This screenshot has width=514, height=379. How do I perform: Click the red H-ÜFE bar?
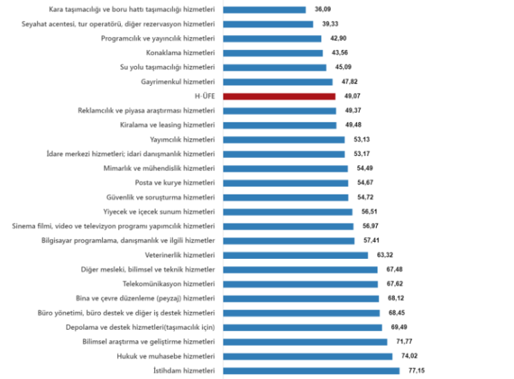279,97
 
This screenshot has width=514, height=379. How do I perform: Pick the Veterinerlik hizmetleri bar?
296,255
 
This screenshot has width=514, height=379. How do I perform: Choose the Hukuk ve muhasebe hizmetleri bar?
308,356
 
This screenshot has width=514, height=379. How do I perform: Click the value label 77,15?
418,370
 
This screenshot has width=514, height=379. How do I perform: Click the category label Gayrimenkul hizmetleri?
178,82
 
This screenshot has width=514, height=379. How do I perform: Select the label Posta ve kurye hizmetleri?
175,183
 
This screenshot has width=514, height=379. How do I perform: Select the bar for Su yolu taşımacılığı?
275,68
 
